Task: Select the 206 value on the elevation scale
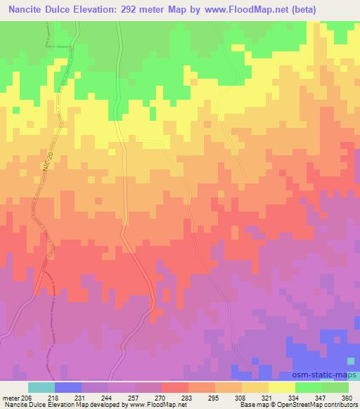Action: coord(27,398)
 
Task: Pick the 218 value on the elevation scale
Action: coord(54,398)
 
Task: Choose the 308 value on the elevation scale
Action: coord(241,398)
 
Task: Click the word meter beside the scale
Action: coord(10,398)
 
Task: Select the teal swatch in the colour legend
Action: coord(41,387)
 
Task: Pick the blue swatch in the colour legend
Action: coord(68,387)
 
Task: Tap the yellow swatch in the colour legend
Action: coord(282,387)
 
